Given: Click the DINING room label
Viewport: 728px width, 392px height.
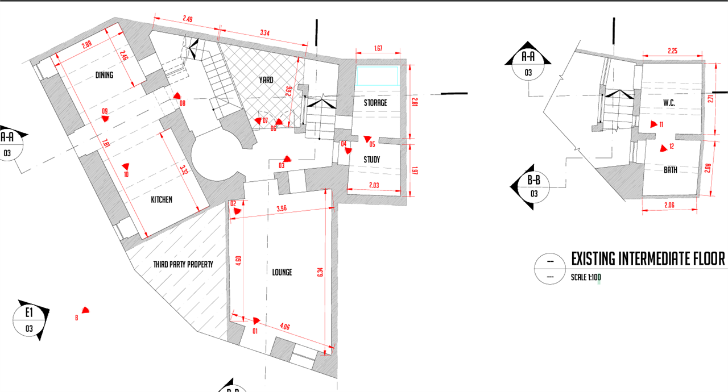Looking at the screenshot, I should (104, 75).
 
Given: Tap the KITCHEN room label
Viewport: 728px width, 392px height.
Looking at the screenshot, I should (162, 199).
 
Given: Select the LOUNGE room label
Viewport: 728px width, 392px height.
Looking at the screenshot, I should (282, 272).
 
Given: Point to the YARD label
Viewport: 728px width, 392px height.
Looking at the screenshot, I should (266, 80).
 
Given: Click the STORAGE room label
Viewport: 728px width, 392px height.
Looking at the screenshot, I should (375, 103).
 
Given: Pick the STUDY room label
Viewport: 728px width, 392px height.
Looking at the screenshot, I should (371, 160).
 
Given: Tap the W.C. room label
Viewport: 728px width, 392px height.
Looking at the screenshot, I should (668, 103).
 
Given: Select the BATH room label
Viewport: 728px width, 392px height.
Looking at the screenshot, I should (671, 169).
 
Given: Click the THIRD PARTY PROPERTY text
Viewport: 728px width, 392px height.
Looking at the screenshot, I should (183, 264).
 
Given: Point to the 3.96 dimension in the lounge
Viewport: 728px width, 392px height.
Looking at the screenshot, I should (282, 209).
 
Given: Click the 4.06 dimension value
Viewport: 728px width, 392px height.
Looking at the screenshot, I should (286, 327).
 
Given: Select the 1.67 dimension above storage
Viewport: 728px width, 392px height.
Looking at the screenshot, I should (378, 48).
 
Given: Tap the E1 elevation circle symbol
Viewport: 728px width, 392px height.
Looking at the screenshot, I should (29, 320).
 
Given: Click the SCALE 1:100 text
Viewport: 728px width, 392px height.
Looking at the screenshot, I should (586, 278).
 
